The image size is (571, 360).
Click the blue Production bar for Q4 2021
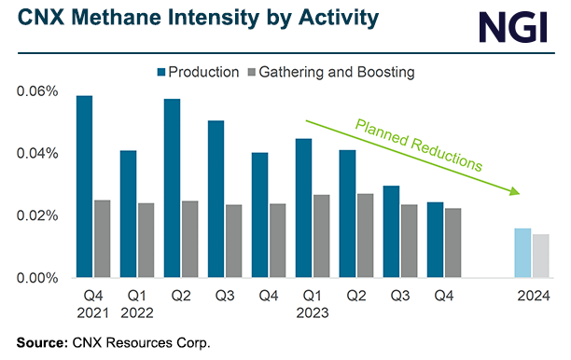pyautogui.click(x=84, y=187)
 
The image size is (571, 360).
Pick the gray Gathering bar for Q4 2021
pyautogui.click(x=102, y=239)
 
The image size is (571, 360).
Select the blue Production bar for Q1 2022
pyautogui.click(x=128, y=214)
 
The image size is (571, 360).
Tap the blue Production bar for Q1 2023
pyautogui.click(x=303, y=208)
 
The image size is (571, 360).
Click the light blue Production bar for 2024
pyautogui.click(x=522, y=253)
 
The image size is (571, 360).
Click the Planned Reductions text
pyautogui.click(x=417, y=144)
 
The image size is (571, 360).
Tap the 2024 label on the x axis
pyautogui.click(x=532, y=297)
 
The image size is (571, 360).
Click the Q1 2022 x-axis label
pyautogui.click(x=136, y=304)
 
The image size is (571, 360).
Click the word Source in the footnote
pyautogui.click(x=41, y=341)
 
